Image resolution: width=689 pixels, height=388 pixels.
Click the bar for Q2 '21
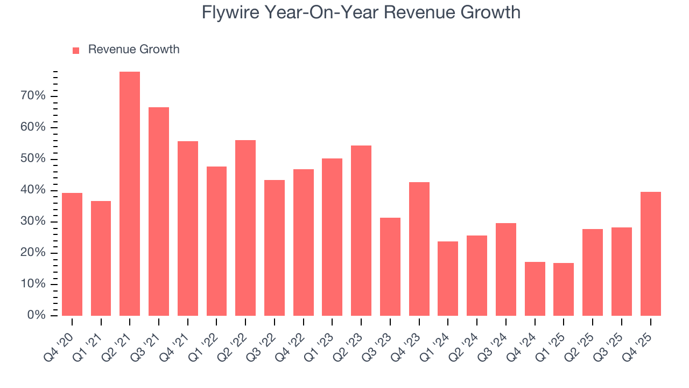pyautogui.click(x=130, y=194)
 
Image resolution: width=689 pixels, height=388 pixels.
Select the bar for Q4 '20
pyautogui.click(x=72, y=254)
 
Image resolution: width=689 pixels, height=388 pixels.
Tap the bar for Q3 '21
pyautogui.click(x=159, y=211)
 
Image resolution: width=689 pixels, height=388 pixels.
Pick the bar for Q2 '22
pyautogui.click(x=245, y=228)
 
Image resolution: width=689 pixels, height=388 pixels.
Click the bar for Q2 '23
pyautogui.click(x=361, y=231)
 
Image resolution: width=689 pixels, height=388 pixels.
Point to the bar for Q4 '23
pyautogui.click(x=419, y=249)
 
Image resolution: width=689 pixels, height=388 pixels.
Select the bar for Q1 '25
pyautogui.click(x=564, y=289)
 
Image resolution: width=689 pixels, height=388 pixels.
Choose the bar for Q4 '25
pyautogui.click(x=650, y=254)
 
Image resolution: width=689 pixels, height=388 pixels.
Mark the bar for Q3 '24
pyautogui.click(x=506, y=269)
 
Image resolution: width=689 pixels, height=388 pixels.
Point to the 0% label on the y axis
pyautogui.click(x=37, y=315)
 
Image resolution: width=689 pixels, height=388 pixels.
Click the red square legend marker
pyautogui.click(x=76, y=50)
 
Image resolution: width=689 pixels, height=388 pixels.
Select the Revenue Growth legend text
pyautogui.click(x=133, y=50)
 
